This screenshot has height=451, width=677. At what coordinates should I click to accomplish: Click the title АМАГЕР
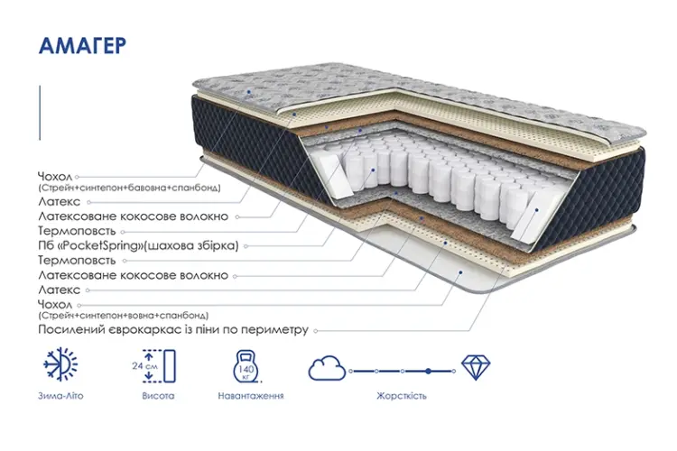(x=82, y=46)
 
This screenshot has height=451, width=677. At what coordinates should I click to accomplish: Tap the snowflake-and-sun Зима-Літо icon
(x=60, y=364)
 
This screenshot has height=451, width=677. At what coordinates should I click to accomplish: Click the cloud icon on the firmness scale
(x=327, y=368)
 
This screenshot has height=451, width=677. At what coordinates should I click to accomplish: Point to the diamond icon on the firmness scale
(x=476, y=367)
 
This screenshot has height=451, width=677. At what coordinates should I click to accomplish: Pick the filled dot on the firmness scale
(x=428, y=371)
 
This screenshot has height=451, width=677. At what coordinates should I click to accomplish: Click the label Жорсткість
(x=402, y=396)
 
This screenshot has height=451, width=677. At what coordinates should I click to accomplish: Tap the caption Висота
(x=158, y=396)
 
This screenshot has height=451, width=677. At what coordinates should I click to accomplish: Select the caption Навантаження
(x=251, y=396)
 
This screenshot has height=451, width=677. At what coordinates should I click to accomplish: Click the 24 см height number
(x=144, y=366)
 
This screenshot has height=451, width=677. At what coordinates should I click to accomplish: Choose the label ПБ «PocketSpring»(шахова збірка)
(x=138, y=245)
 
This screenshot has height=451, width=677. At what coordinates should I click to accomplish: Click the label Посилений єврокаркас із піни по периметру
(x=173, y=330)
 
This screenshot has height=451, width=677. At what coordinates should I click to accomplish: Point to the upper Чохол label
(x=55, y=177)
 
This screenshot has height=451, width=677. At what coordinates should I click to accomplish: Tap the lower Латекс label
(x=60, y=290)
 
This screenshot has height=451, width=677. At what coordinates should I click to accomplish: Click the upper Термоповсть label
(x=77, y=231)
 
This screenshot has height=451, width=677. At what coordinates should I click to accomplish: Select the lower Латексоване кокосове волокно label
(x=133, y=275)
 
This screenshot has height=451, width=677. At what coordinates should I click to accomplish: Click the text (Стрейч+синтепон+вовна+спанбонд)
(x=123, y=316)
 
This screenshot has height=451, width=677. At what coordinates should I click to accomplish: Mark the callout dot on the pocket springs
(x=373, y=170)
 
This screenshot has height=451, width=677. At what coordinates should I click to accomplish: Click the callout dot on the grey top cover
(x=249, y=92)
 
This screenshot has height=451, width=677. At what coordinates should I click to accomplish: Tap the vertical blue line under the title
(x=40, y=113)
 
